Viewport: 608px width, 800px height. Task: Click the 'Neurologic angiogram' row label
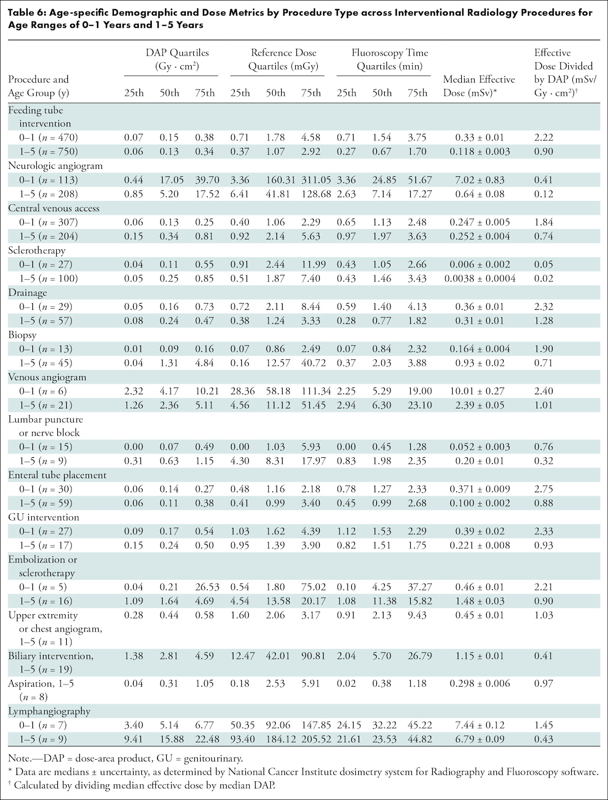point(56,166)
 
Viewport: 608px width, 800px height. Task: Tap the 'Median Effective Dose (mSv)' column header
point(479,86)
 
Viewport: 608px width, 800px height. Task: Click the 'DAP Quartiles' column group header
point(177,59)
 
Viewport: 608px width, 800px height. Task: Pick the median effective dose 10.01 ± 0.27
point(479,391)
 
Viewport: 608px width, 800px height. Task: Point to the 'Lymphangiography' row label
point(49,711)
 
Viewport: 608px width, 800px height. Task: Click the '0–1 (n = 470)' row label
point(49,138)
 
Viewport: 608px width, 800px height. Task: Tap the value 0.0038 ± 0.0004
point(480,278)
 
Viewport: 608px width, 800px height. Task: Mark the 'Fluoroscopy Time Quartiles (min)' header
point(390,59)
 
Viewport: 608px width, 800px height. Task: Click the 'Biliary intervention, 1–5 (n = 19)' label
point(50,662)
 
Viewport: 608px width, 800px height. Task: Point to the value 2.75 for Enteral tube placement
point(544,489)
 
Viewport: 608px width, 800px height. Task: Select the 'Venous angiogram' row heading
point(47,377)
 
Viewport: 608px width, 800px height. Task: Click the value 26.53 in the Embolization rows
point(207,587)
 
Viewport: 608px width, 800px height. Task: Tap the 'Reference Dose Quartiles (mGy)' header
point(283,59)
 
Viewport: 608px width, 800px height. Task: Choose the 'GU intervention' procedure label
point(44,517)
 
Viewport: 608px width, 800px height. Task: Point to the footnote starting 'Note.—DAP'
point(125,758)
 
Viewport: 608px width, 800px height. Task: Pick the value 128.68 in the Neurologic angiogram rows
point(316,194)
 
